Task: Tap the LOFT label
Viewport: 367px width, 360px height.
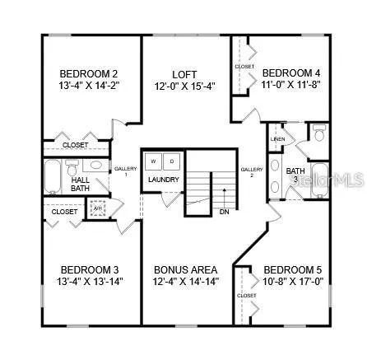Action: tap(184, 74)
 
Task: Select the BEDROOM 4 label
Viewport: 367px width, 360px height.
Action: tap(290, 72)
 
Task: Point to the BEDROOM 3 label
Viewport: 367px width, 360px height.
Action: tap(90, 269)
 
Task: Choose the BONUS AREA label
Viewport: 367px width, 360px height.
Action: tap(185, 269)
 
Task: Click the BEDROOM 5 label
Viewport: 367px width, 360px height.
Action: tap(292, 269)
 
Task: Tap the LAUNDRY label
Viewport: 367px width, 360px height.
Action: tap(163, 179)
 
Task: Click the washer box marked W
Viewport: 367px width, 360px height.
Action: tap(153, 161)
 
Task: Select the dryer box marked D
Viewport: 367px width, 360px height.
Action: tap(171, 161)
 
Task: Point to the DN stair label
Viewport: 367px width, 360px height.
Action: tap(224, 212)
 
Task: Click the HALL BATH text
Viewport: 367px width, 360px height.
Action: tap(81, 184)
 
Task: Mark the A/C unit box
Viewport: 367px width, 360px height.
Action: tap(99, 208)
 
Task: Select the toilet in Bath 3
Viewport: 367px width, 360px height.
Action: tap(319, 133)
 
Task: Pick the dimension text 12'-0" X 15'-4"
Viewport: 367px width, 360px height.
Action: tap(184, 85)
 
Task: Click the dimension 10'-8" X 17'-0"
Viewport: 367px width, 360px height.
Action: tap(292, 281)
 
